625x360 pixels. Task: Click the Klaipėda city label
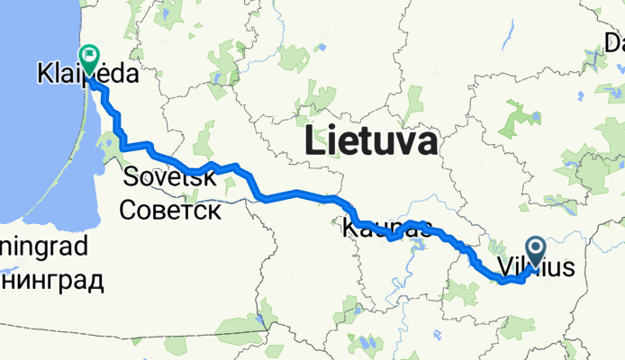[87, 74]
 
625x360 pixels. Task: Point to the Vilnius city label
[535, 267]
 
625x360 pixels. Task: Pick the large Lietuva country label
[371, 142]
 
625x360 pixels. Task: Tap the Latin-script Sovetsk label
[170, 177]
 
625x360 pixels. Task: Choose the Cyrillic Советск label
[170, 210]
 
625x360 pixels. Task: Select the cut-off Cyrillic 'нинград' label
[51, 280]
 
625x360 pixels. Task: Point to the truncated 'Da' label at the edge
[613, 42]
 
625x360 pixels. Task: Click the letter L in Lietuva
[316, 142]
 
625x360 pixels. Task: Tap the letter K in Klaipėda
[45, 74]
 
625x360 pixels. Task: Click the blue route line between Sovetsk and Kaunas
[297, 193]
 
